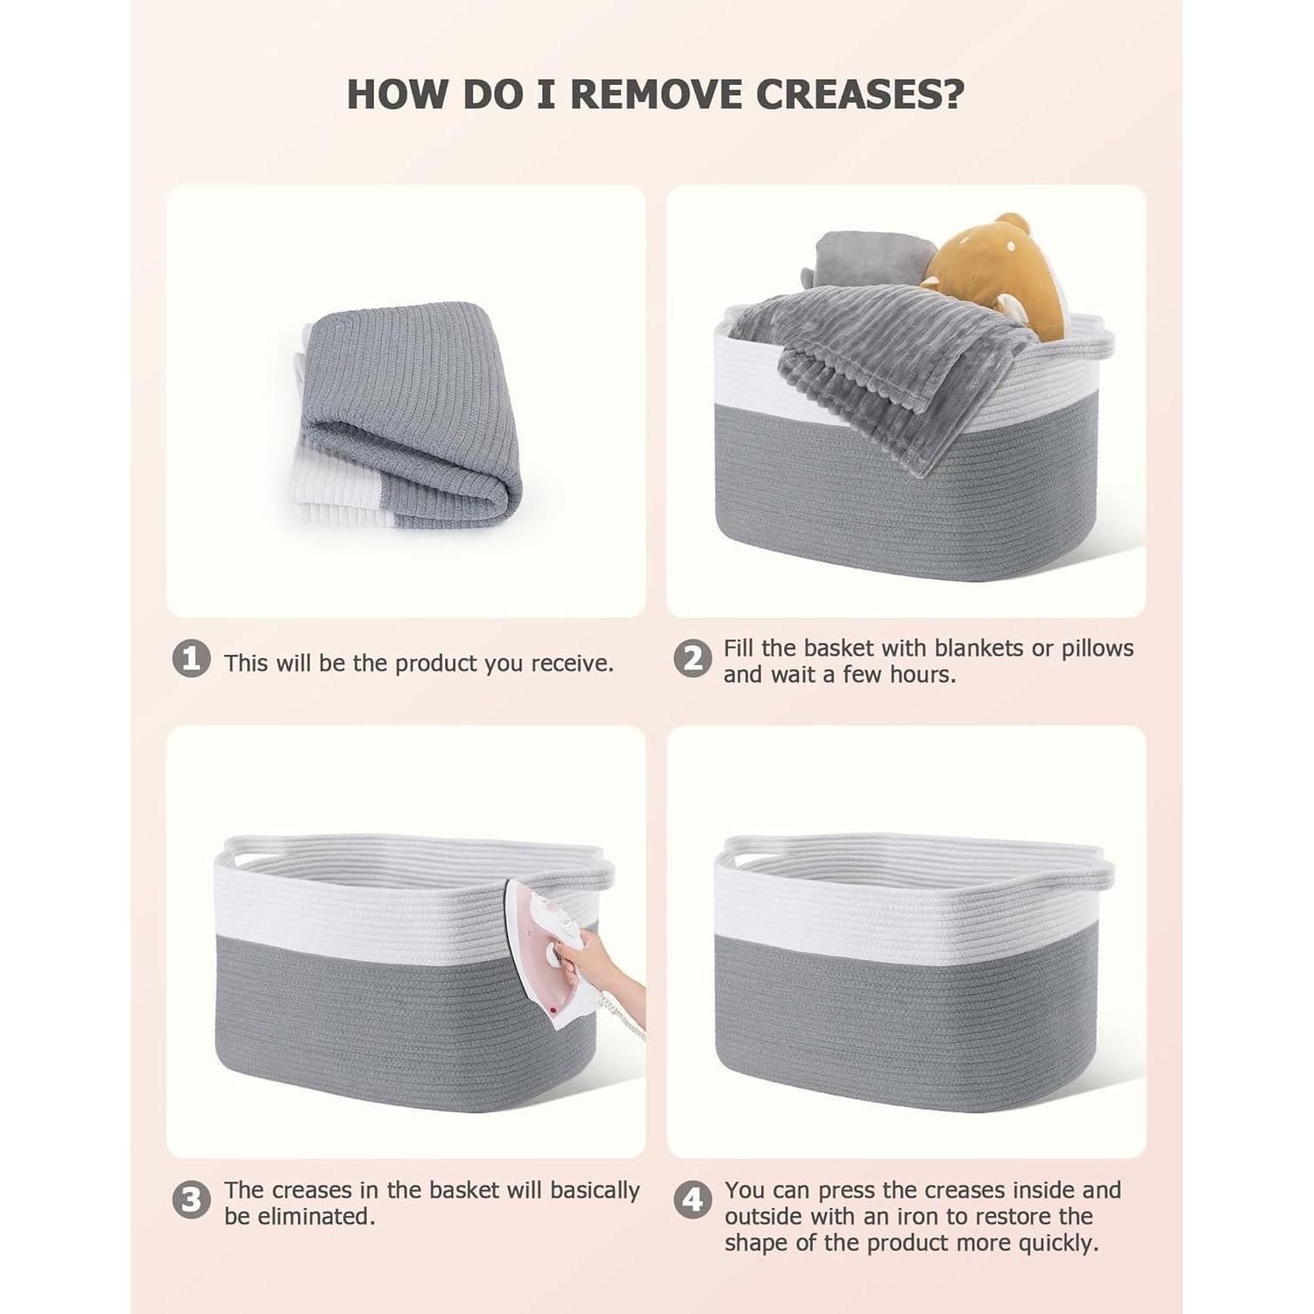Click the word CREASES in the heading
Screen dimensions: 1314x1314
(848, 94)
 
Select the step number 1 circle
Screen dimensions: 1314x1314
(191, 659)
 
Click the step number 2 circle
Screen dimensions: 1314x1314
(692, 659)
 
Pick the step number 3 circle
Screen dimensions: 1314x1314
(191, 1200)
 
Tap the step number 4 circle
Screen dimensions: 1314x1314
(692, 1200)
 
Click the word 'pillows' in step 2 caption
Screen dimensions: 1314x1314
(1098, 649)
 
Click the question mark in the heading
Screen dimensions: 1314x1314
(953, 94)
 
